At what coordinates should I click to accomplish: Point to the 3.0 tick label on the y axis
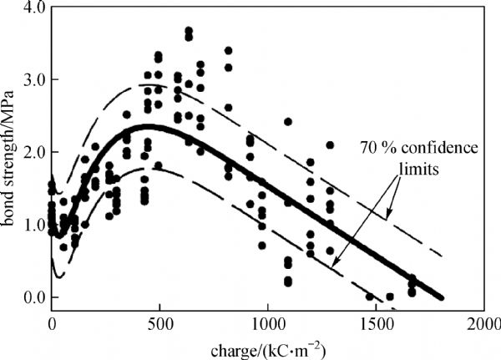32,80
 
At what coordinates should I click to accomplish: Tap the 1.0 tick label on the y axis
32,225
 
